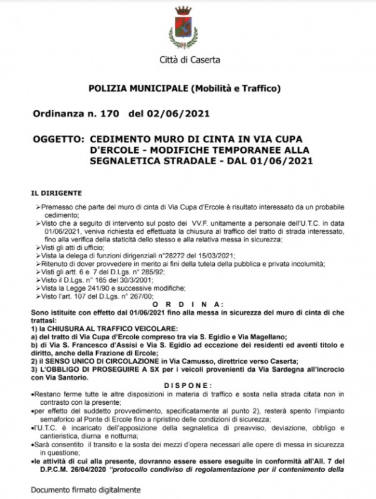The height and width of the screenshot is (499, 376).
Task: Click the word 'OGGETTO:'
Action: pyautogui.click(x=57, y=140)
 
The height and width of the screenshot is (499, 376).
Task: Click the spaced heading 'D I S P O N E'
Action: pyautogui.click(x=187, y=385)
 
